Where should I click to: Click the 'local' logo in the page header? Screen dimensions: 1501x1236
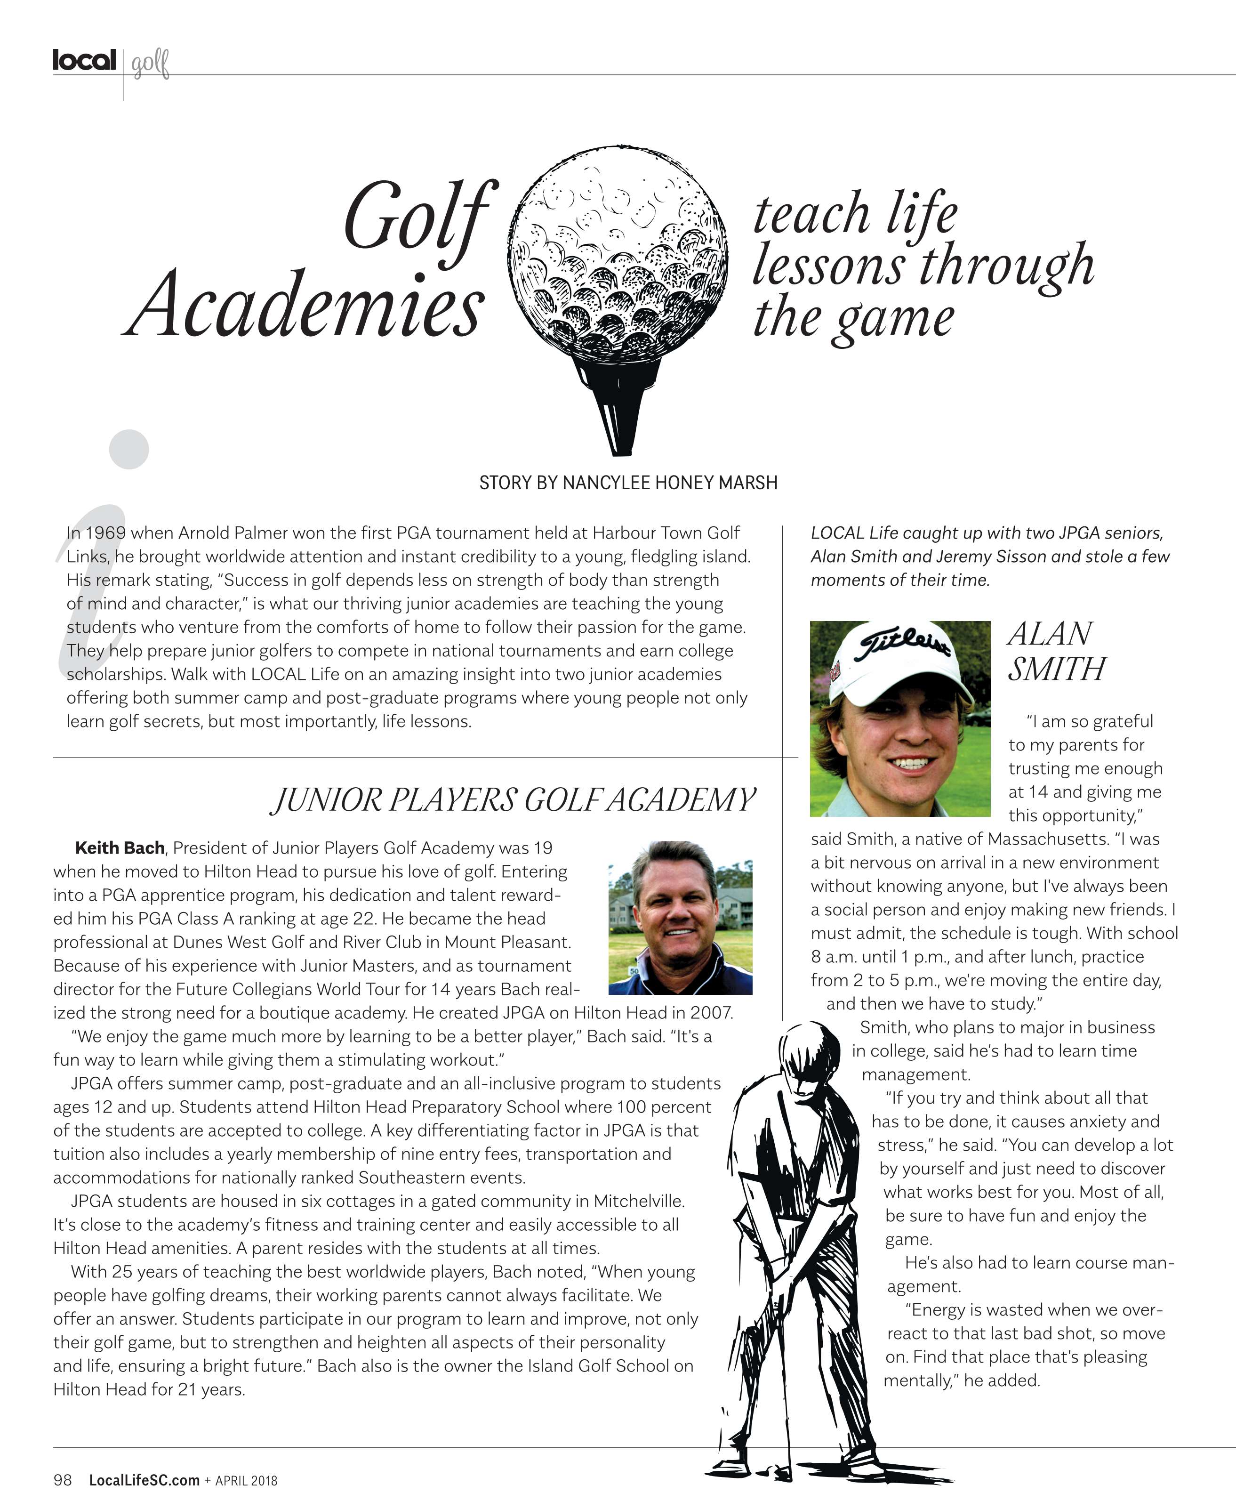[x=84, y=61]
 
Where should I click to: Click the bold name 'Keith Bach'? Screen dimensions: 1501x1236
[x=120, y=848]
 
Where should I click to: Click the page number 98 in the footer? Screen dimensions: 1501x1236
[x=63, y=1480]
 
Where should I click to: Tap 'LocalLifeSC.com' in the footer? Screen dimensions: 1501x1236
[x=144, y=1480]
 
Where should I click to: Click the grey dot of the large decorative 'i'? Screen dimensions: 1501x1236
[x=129, y=449]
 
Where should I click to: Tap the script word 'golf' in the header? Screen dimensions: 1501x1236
[x=150, y=64]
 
